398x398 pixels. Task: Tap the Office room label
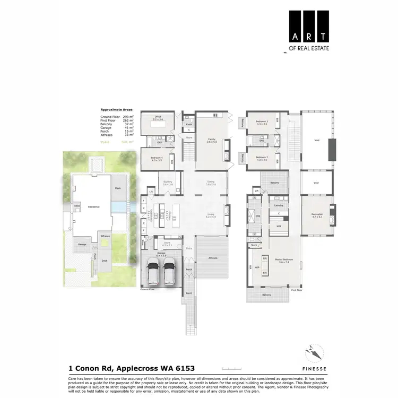pyautogui.click(x=158, y=117)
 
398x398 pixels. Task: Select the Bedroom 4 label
pyautogui.click(x=156, y=158)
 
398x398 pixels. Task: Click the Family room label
pyautogui.click(x=212, y=140)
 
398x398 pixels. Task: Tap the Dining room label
pyautogui.click(x=211, y=182)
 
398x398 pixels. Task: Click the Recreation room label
pyautogui.click(x=317, y=214)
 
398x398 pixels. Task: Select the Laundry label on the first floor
pyautogui.click(x=278, y=205)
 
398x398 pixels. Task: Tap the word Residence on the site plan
pyautogui.click(x=94, y=206)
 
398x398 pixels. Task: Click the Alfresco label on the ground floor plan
pyautogui.click(x=213, y=258)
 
